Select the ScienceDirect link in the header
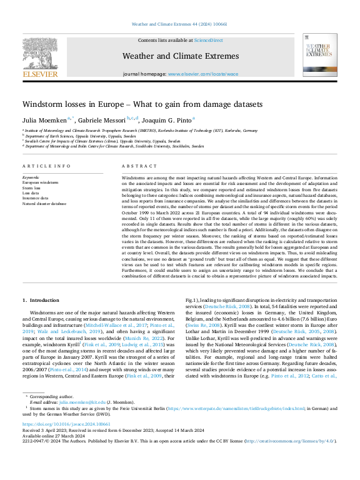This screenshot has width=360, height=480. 208,40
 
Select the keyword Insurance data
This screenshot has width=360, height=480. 36,198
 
